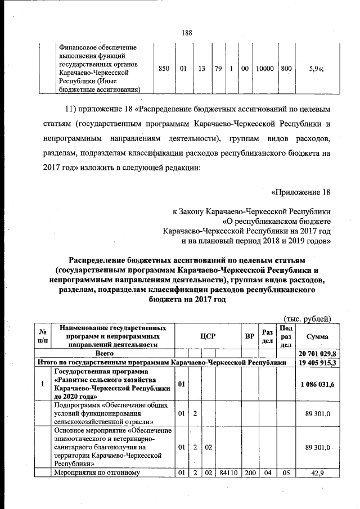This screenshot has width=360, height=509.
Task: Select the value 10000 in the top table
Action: (264, 69)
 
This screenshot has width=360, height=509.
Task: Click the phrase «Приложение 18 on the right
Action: (300, 193)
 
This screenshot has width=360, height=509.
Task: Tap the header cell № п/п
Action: (42, 336)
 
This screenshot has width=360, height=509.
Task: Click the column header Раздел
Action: (267, 336)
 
